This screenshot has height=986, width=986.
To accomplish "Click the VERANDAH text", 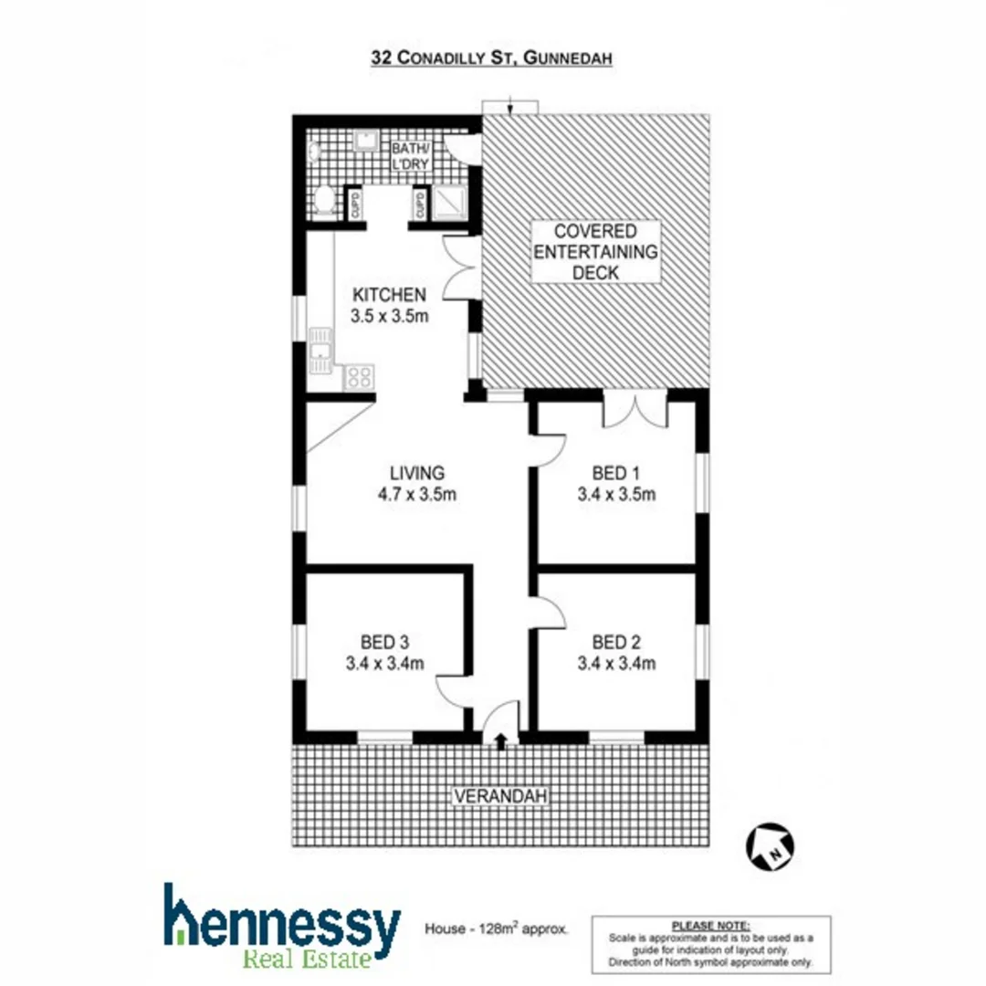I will pos(500,796).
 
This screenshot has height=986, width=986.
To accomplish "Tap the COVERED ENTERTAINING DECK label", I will pos(596,251).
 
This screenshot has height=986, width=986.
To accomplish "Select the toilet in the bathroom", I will pos(324,202).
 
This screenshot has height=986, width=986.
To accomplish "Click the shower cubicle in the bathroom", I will pos(449,204).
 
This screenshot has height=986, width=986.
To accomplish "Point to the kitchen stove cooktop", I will pos(359,376).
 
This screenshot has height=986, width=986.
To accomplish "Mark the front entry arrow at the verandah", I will pos(500,739).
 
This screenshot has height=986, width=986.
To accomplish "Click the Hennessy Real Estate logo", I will pos(281,924).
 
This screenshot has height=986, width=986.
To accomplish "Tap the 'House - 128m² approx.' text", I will pos(497,929).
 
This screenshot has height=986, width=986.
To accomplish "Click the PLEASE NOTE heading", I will pos(711,925).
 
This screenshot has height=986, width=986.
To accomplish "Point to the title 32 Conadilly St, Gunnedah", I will pos(491,57).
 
